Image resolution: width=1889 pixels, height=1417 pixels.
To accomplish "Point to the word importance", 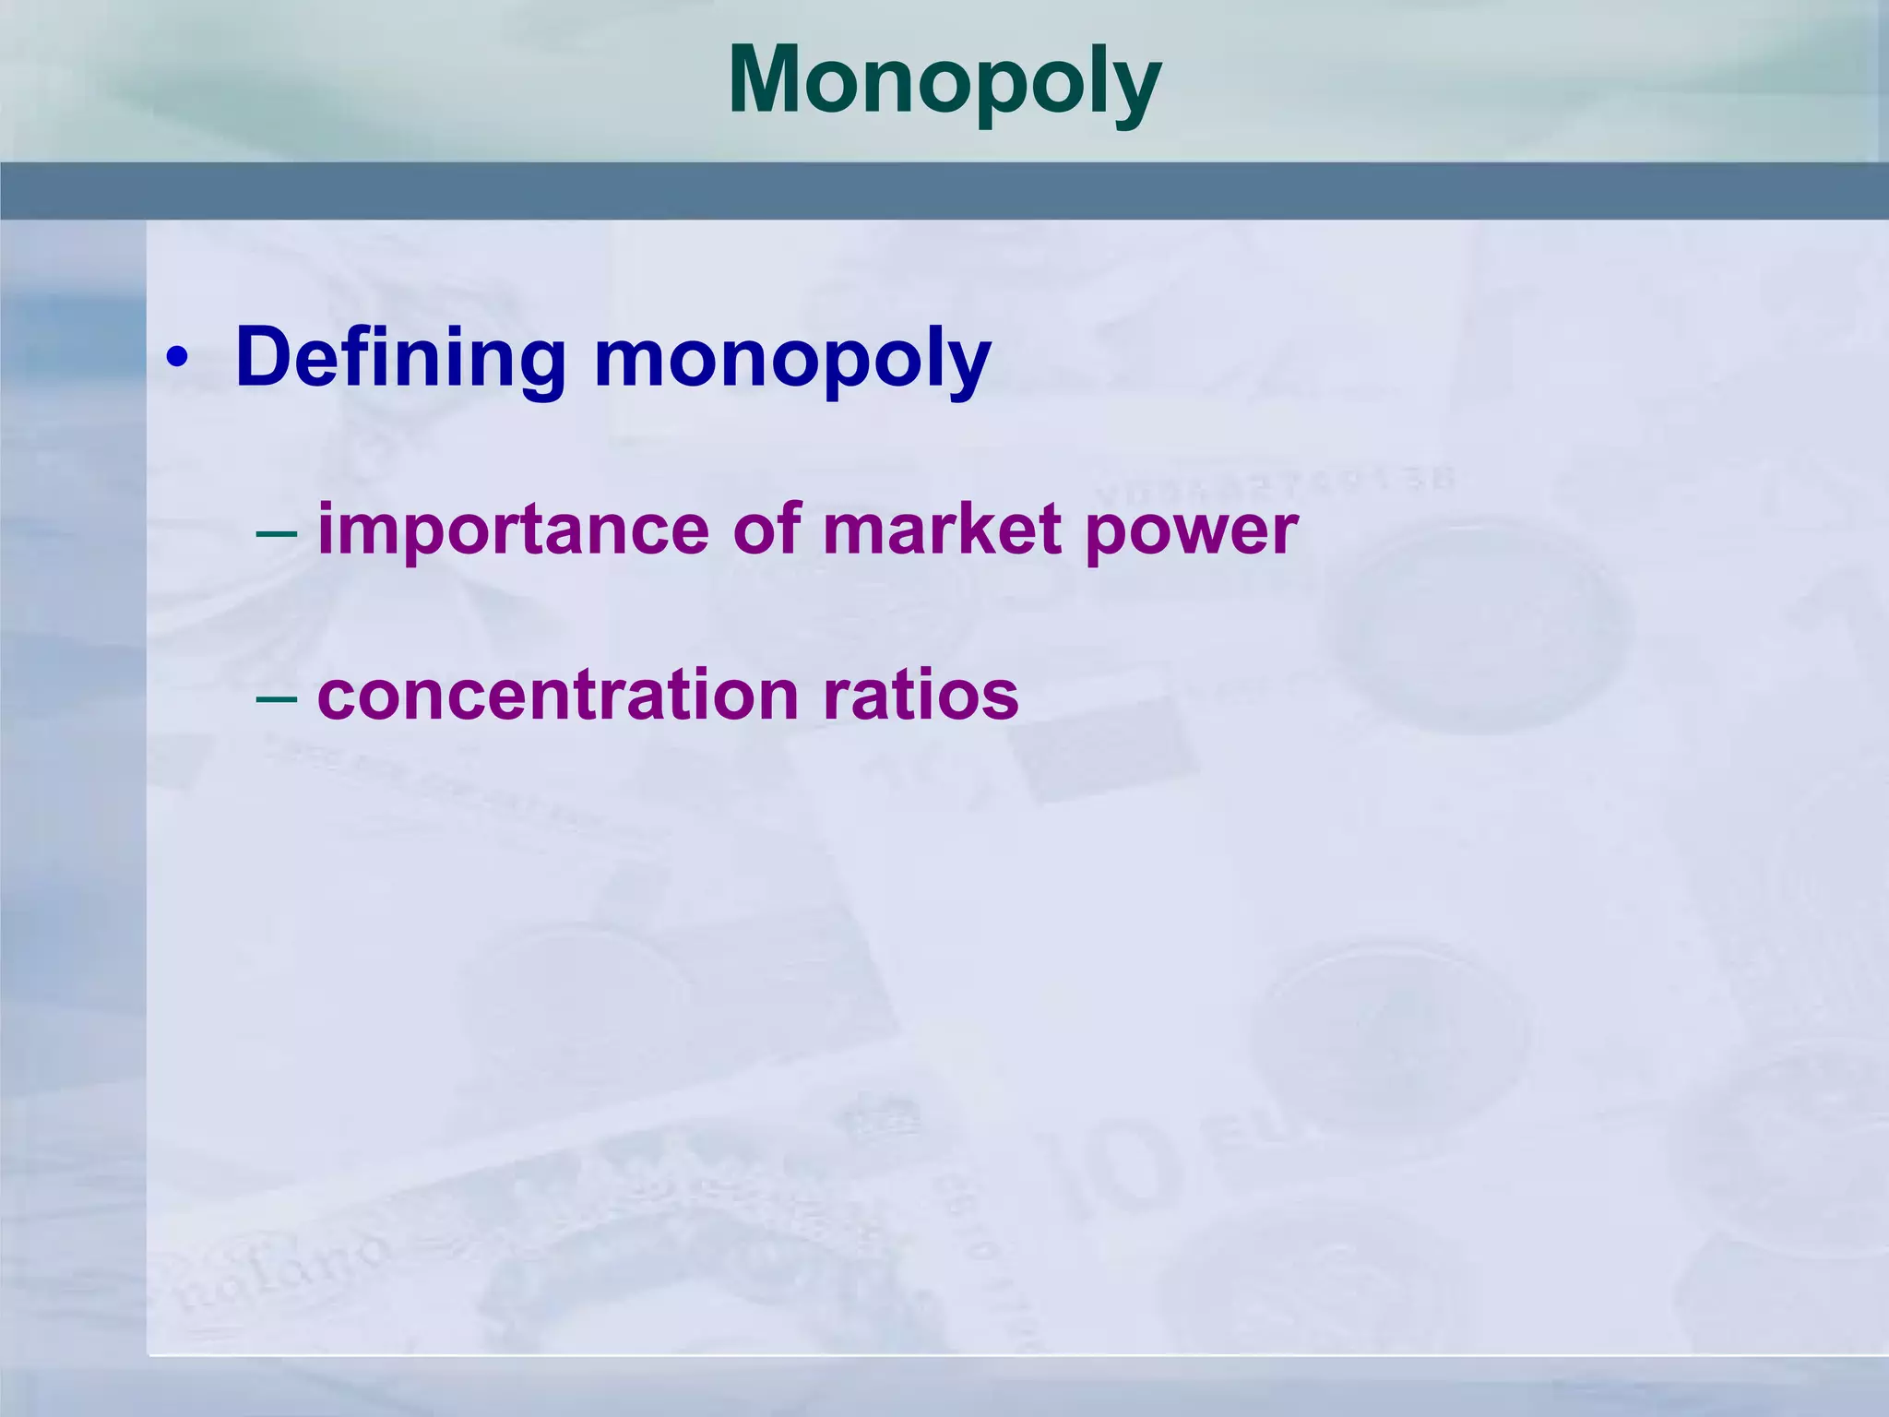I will tap(513, 531).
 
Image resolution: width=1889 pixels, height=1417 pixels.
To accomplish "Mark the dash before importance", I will tap(277, 532).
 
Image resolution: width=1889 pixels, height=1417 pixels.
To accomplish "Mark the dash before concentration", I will tap(277, 697).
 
